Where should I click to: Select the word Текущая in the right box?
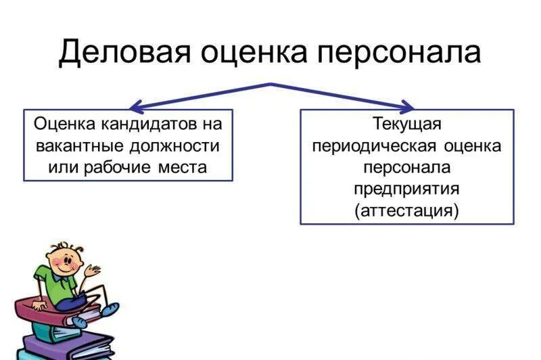[x=406, y=125]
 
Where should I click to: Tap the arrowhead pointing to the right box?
[x=406, y=107]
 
